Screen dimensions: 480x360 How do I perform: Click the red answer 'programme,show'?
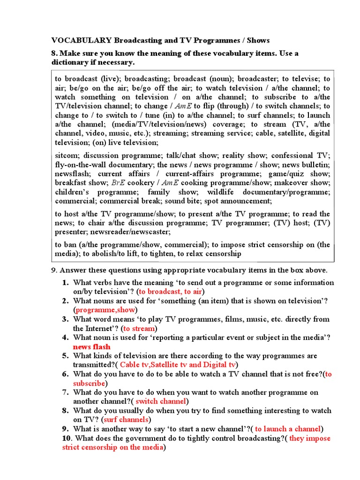coord(105,310)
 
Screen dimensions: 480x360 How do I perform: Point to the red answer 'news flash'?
coord(91,346)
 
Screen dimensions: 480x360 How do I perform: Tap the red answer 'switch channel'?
coord(161,401)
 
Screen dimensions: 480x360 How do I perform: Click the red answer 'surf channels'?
coord(127,420)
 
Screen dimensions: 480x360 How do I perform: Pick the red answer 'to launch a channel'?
coord(288,429)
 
